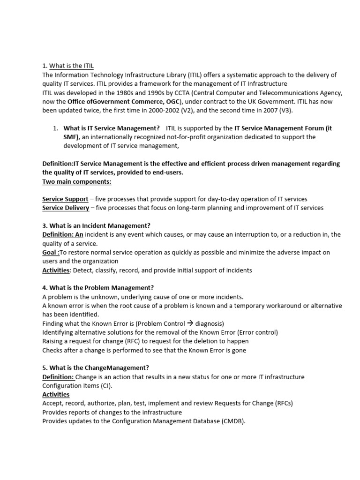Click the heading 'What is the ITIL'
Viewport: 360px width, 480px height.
tap(75, 66)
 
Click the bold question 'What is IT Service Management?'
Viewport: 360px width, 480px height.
tap(112, 128)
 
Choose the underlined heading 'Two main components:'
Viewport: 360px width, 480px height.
tap(77, 181)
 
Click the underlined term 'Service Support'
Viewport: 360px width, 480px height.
tap(65, 199)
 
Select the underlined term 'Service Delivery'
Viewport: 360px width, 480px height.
tap(66, 208)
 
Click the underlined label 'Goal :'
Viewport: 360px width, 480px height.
tap(51, 252)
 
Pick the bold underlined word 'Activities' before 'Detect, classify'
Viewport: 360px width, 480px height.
tap(56, 270)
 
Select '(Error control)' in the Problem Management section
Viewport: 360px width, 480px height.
tap(257, 332)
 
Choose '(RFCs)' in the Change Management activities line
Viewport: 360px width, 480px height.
tap(282, 403)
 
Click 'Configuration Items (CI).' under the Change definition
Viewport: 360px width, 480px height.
tap(77, 386)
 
